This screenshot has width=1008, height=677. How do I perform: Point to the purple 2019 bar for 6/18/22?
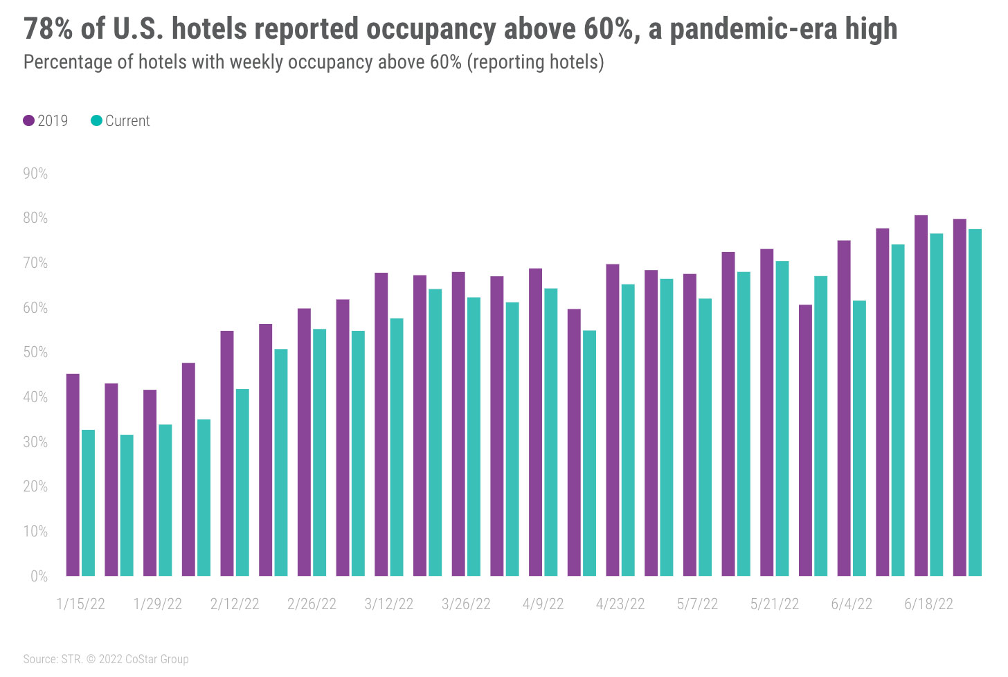click(x=921, y=395)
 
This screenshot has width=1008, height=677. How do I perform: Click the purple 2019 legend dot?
click(x=29, y=120)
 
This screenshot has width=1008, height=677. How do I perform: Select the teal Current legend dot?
click(x=97, y=120)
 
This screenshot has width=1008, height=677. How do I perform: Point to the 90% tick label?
click(x=35, y=174)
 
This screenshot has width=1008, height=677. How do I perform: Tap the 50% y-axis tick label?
click(x=35, y=352)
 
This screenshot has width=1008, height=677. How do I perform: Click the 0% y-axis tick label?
click(x=39, y=576)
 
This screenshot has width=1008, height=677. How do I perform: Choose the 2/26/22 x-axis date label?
click(x=312, y=604)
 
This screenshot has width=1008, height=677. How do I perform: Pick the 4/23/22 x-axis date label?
click(x=620, y=604)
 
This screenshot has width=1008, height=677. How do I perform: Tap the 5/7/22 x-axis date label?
click(x=697, y=604)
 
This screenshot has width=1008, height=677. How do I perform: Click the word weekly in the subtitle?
click(x=256, y=62)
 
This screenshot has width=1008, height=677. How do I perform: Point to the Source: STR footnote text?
click(x=53, y=659)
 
